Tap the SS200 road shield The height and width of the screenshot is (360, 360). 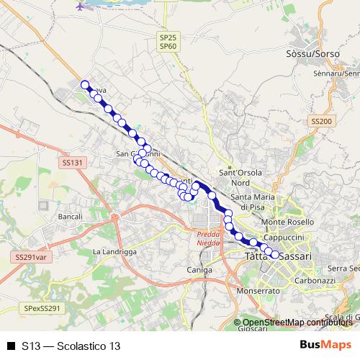point(320,121)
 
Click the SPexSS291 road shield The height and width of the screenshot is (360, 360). point(44,307)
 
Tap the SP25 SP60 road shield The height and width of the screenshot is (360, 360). point(168,40)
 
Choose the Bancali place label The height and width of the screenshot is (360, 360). point(70,216)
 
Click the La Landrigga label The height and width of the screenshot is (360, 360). point(114,251)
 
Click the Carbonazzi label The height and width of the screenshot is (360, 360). point(312,280)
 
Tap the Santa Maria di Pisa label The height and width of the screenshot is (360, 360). point(255,202)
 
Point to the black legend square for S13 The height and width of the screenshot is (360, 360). point(11,346)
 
